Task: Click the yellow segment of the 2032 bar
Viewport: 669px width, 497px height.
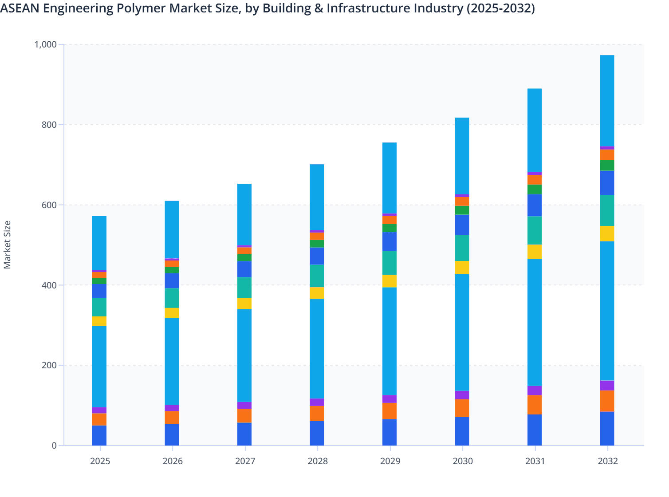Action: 607,233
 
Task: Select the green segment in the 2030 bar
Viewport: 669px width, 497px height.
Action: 462,210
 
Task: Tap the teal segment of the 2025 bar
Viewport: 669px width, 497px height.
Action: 99,307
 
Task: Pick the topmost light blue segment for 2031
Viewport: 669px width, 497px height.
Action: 535,130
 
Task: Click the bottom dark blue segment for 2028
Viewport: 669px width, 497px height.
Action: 317,433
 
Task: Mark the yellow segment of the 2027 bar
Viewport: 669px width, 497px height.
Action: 244,304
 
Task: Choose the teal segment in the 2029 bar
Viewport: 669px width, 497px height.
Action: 390,263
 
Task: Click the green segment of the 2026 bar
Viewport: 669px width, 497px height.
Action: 172,270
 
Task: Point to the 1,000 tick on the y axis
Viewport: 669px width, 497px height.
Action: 45,44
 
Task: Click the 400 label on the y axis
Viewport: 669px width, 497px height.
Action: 49,285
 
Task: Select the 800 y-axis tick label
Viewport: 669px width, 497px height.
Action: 49,125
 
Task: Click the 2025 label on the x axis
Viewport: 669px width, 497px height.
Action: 100,461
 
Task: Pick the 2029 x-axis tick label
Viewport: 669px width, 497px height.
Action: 390,461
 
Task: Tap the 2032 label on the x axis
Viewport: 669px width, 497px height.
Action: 607,461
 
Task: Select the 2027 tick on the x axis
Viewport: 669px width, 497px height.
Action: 245,461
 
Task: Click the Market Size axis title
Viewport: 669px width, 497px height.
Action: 7,245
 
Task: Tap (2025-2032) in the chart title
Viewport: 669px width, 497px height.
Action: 500,8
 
